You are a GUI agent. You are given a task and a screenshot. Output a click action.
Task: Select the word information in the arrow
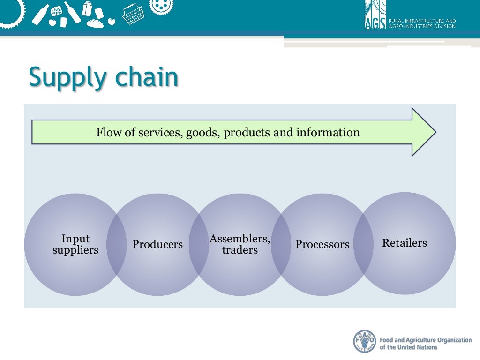(x=328, y=133)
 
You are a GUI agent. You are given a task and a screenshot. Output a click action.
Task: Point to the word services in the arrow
(x=159, y=133)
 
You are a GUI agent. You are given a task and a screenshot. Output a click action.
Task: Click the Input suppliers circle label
(x=75, y=244)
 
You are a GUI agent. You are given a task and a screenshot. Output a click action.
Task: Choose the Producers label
(x=157, y=244)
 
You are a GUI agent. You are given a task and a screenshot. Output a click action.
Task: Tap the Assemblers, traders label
(x=240, y=244)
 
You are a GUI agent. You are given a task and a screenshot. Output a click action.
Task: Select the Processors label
(x=322, y=244)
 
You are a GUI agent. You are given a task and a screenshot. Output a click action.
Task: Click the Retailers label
(x=405, y=243)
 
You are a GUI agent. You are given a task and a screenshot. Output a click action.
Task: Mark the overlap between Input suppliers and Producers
(x=116, y=244)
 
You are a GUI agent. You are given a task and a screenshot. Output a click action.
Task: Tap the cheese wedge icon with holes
(x=58, y=10)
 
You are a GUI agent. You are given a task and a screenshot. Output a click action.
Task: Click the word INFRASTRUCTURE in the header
(x=421, y=21)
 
